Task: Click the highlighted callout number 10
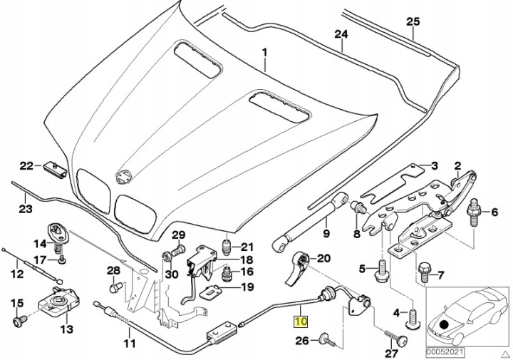click(301, 322)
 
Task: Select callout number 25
click(413, 21)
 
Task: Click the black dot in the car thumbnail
click(444, 325)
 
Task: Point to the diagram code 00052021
click(445, 352)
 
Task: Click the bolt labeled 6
click(474, 212)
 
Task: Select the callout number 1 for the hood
click(264, 53)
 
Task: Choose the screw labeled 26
click(326, 340)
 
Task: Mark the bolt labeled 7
click(424, 272)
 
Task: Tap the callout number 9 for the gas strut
click(326, 234)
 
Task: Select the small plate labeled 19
click(212, 292)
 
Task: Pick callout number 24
click(341, 34)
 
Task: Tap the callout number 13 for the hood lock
click(66, 329)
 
